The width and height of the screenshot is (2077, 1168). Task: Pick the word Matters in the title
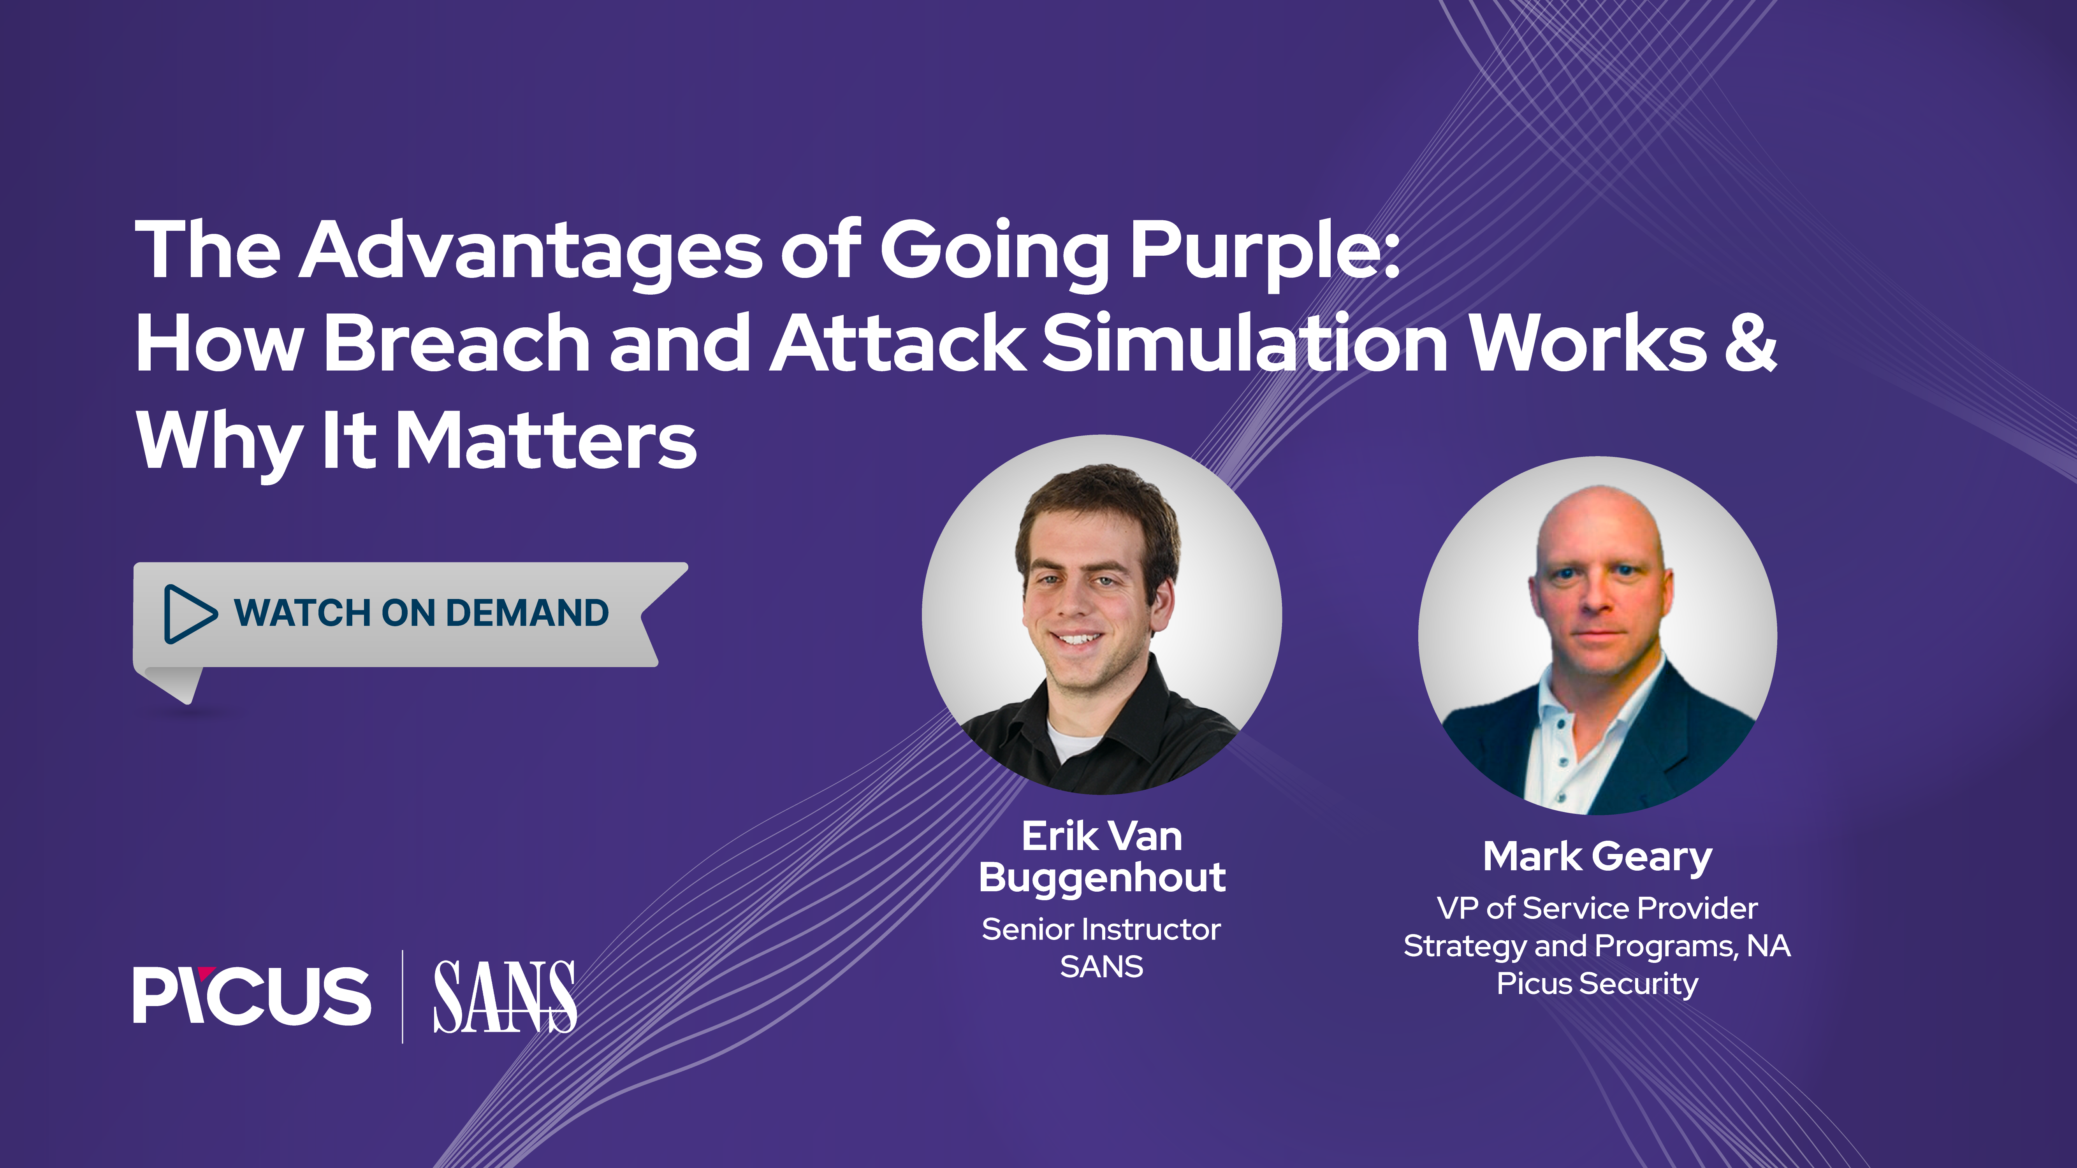(x=547, y=441)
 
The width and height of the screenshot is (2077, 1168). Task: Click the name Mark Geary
(x=1597, y=857)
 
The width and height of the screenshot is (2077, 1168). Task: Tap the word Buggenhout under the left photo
(x=1102, y=877)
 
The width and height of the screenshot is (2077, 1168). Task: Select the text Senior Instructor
(x=1101, y=929)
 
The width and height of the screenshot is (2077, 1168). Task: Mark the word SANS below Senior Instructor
(x=1101, y=966)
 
